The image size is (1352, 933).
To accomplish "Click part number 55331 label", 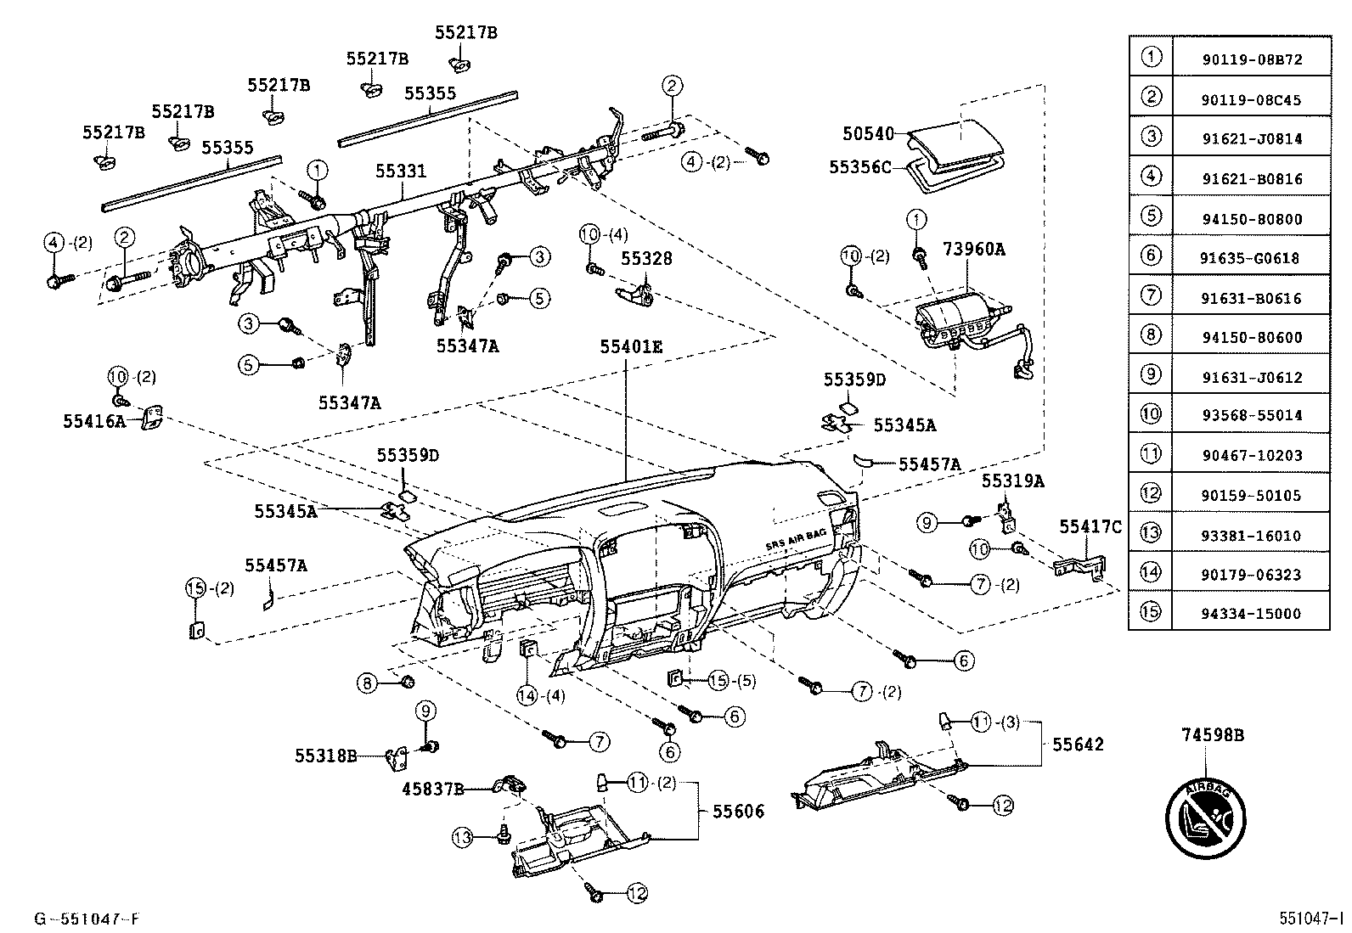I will click(401, 171).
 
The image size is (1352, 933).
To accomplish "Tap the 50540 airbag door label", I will click(868, 133).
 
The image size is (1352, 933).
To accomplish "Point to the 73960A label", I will click(973, 250).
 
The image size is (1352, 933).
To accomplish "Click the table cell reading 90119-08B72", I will click(1251, 60).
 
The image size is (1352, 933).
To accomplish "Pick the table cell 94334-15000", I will click(1251, 614).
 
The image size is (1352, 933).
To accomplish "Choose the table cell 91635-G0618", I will click(1251, 258).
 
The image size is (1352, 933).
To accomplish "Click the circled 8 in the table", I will click(1151, 335).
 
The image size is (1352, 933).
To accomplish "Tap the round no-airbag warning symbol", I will click(1206, 816).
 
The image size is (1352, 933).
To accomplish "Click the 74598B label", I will click(1212, 735).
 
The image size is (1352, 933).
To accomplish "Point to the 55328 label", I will click(646, 258).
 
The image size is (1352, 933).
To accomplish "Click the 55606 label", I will click(738, 812).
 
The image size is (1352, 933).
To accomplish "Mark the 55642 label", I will click(1078, 745).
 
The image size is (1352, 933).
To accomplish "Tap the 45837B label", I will click(433, 790).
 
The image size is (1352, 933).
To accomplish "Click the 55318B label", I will click(326, 755).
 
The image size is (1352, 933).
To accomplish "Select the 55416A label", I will click(93, 420).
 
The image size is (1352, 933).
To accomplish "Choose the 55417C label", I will click(1090, 527).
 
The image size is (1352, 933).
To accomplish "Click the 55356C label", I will click(860, 167).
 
